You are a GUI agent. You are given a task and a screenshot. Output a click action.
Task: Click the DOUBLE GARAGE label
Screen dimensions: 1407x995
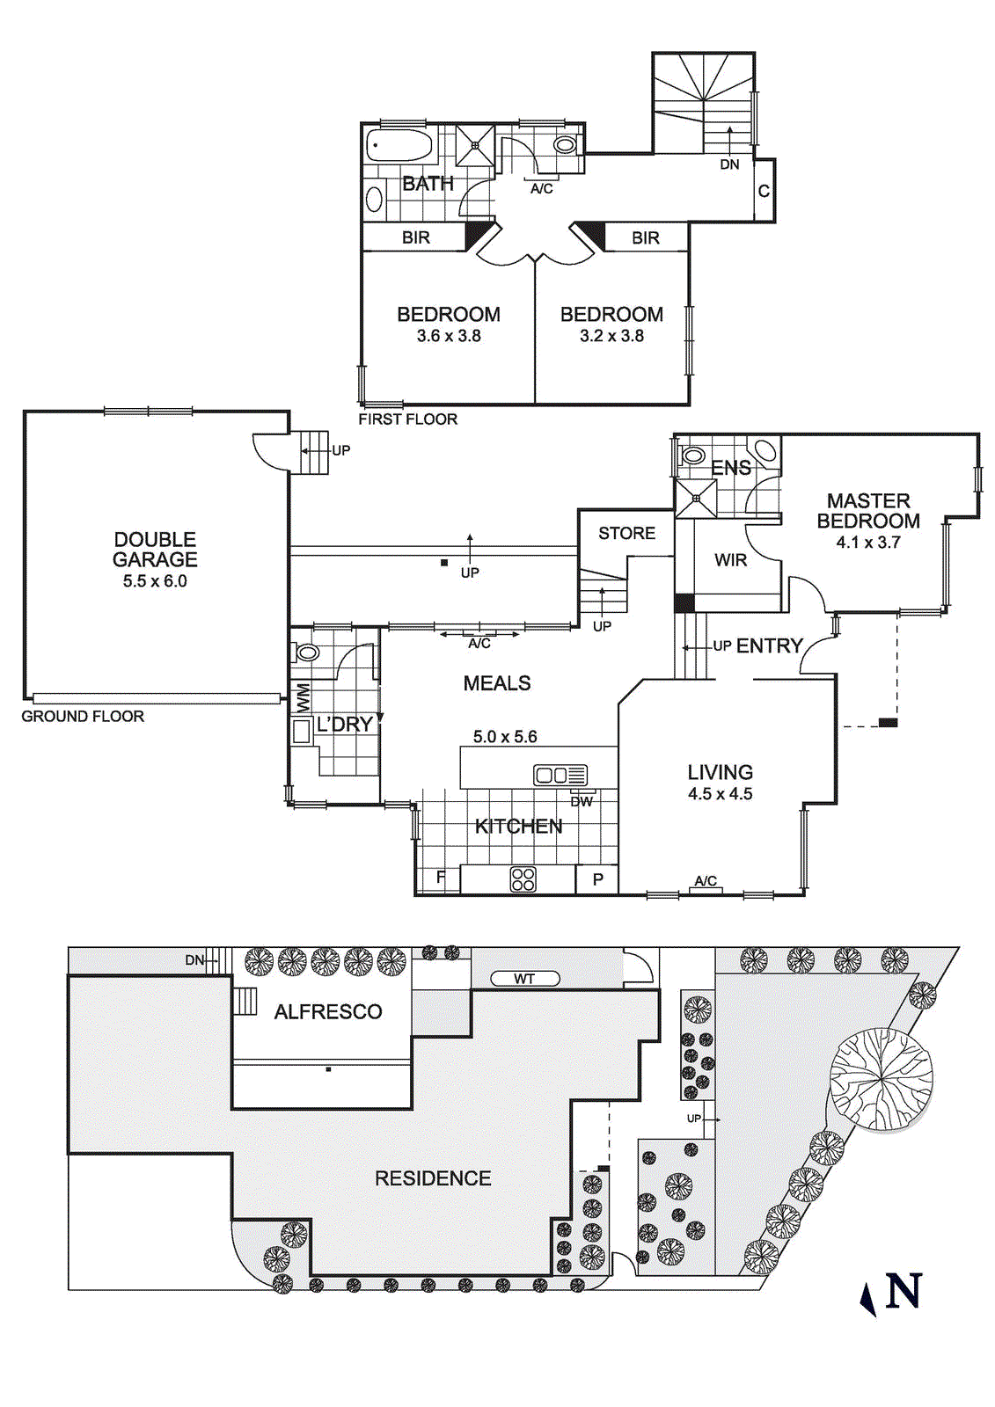click(155, 550)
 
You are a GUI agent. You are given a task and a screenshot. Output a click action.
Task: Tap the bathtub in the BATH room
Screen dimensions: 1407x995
click(399, 144)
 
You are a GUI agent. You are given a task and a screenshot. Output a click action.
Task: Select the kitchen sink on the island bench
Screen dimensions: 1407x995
click(560, 775)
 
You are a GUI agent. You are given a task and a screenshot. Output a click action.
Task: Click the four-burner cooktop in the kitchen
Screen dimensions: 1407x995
click(523, 878)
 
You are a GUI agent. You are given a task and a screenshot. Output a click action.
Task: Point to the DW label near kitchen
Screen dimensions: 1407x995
click(582, 801)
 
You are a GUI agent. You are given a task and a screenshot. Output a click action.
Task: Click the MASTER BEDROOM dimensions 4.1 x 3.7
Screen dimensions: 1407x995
click(867, 543)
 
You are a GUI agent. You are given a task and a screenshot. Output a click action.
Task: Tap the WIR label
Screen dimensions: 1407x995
click(730, 560)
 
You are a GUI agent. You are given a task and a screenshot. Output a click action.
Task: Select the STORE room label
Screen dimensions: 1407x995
click(626, 533)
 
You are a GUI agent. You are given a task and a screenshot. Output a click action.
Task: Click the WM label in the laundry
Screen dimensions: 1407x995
click(303, 698)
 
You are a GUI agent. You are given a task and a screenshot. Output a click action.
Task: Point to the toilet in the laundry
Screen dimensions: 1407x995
click(306, 652)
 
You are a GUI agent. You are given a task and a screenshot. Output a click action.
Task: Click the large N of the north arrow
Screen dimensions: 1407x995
click(904, 1292)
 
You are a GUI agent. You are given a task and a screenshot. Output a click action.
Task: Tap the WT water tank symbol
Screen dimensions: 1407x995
click(524, 979)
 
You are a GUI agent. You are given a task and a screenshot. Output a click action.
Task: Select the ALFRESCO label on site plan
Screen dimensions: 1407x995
click(327, 1012)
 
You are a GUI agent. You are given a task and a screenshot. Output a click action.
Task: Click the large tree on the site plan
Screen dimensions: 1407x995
click(881, 1079)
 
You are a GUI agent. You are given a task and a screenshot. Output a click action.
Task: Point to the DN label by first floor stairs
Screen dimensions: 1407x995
click(729, 164)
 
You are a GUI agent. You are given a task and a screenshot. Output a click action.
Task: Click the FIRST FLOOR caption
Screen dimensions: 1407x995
click(407, 419)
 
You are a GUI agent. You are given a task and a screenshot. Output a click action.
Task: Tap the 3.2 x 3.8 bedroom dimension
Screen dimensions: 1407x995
click(611, 336)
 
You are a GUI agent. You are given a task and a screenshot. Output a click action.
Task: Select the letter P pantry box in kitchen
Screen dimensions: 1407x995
click(597, 878)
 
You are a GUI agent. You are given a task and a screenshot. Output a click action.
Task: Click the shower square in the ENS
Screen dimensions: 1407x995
click(695, 499)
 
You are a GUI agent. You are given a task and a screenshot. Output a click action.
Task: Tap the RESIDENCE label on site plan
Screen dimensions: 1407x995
click(433, 1178)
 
